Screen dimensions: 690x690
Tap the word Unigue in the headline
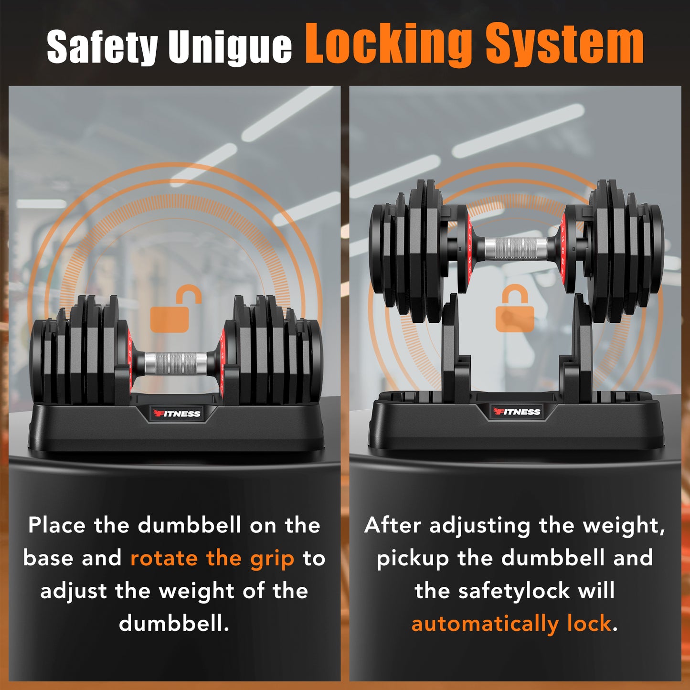[x=230, y=47]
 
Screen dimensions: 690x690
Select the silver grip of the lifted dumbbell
[x=516, y=248]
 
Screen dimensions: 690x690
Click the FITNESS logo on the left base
[x=177, y=414]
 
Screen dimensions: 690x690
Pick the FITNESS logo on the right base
[x=517, y=412]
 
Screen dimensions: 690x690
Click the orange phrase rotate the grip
[x=212, y=558]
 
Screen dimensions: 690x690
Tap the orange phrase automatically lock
[x=511, y=624]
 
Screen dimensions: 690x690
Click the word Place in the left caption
[x=56, y=525]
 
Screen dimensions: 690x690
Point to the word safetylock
[x=513, y=591]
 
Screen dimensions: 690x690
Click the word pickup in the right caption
[x=413, y=559]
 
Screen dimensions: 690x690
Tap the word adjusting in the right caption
[x=479, y=526]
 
